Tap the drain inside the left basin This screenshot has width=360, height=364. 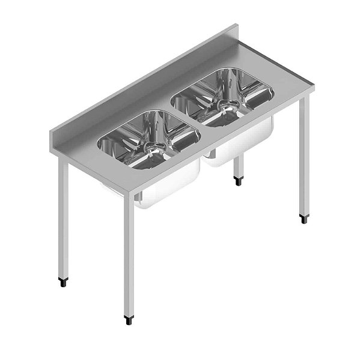[x=155, y=146]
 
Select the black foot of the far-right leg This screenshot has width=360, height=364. [x=304, y=218]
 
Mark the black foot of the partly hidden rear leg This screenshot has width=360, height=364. [x=239, y=178]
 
